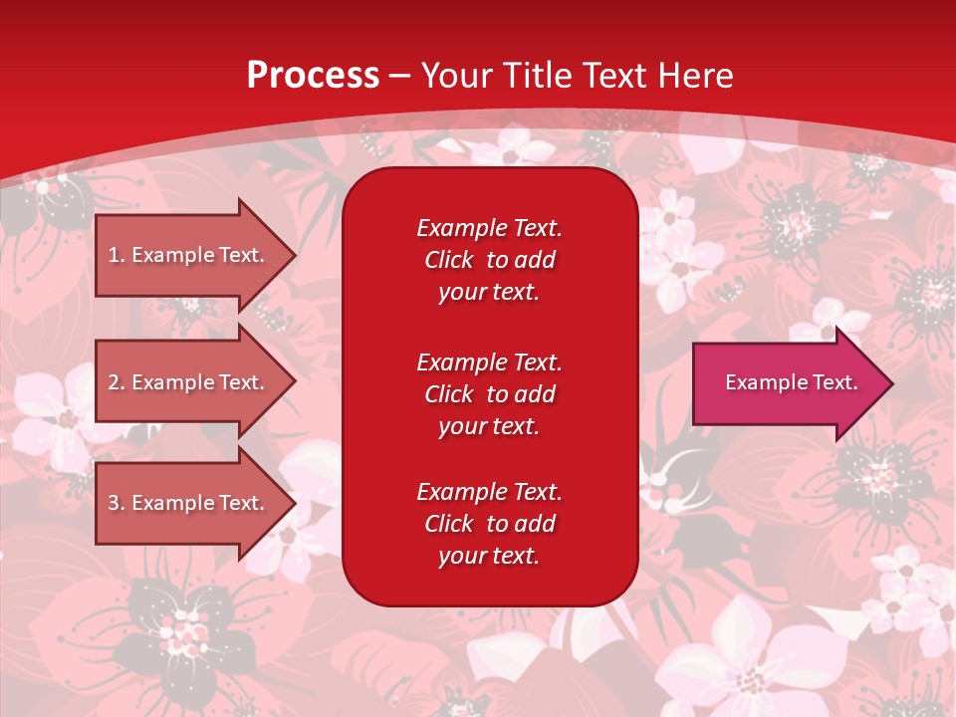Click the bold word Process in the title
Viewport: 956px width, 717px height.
(x=313, y=75)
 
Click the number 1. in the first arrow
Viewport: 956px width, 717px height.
(x=117, y=255)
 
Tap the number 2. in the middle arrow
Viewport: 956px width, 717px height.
(x=117, y=382)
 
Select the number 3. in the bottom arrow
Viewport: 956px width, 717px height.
(x=117, y=503)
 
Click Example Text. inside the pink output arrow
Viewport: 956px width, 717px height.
(x=791, y=382)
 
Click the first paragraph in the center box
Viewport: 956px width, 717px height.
(x=489, y=260)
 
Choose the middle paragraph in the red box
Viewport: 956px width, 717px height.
(x=489, y=394)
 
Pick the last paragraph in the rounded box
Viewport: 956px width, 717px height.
(x=489, y=524)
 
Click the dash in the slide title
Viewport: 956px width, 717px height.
(x=399, y=76)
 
